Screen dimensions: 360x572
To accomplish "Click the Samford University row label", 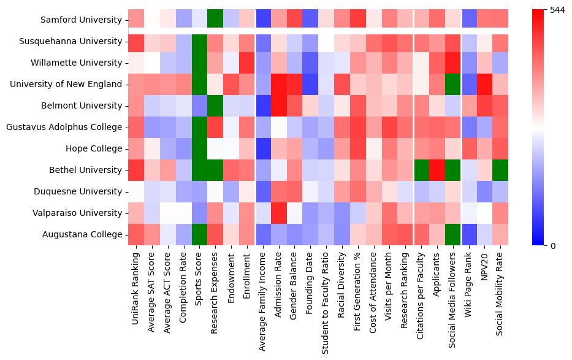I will coord(81,20).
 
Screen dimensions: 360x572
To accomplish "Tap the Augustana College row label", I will coord(87,234).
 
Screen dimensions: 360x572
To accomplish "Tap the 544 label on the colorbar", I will coord(558,10).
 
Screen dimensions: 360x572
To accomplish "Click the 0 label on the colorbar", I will coord(553,246).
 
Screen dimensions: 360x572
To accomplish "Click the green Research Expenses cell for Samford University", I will coord(215,20).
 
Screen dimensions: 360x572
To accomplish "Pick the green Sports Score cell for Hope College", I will coord(199,148).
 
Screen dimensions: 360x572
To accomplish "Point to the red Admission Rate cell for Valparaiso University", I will coord(279,213).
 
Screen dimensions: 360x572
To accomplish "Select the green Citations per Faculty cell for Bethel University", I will coord(421,170).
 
